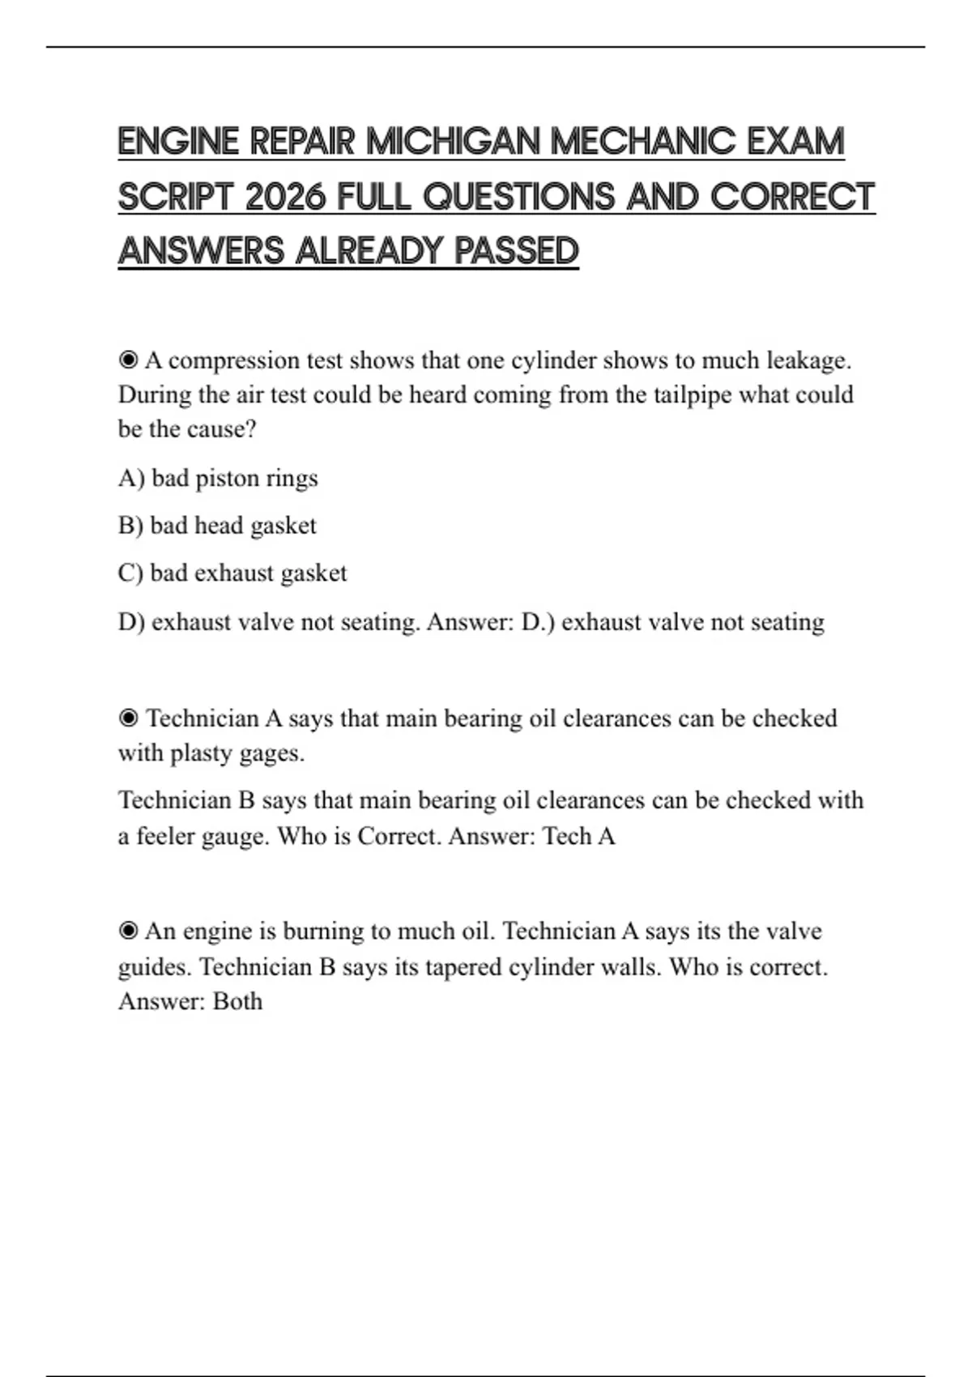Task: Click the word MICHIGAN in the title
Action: click(453, 143)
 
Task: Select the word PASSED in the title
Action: click(516, 252)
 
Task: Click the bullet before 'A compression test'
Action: click(128, 360)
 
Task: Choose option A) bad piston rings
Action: click(218, 478)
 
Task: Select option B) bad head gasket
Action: click(217, 526)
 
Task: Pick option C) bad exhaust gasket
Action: click(232, 573)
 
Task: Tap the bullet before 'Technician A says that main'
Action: click(128, 718)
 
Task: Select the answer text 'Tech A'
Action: click(578, 836)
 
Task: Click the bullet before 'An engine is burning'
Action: click(128, 931)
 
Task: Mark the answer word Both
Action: click(237, 1001)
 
